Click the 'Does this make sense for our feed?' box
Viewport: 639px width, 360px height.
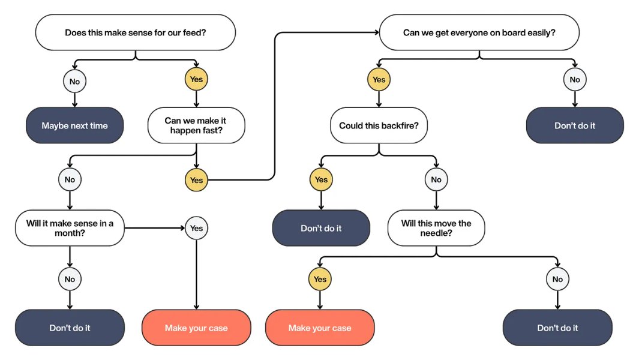tap(135, 32)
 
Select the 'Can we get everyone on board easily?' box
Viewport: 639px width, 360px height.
tap(479, 32)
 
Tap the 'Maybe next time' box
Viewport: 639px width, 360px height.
tap(74, 125)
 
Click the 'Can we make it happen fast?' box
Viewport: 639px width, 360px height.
tap(196, 125)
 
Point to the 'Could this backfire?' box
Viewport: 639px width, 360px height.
tap(379, 125)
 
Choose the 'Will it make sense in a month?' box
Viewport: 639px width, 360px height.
tap(70, 228)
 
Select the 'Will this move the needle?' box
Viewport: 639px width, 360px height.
tap(436, 228)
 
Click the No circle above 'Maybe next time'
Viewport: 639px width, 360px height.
tap(74, 80)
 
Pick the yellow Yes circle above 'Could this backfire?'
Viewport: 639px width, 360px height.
tap(379, 79)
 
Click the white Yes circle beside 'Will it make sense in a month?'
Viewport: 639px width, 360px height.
tap(196, 228)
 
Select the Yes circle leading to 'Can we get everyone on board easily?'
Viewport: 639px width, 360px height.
tap(196, 179)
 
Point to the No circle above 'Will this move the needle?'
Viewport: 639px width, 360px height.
tap(436, 179)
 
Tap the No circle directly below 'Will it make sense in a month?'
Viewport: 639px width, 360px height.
tap(70, 279)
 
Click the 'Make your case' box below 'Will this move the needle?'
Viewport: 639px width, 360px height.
tap(320, 328)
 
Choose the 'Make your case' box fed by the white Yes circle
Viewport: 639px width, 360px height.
tap(196, 328)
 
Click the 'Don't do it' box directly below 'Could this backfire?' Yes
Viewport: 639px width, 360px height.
tap(321, 228)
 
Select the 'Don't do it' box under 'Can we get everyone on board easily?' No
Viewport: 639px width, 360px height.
tap(575, 125)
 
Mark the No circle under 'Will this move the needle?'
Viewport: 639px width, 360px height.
tap(557, 279)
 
